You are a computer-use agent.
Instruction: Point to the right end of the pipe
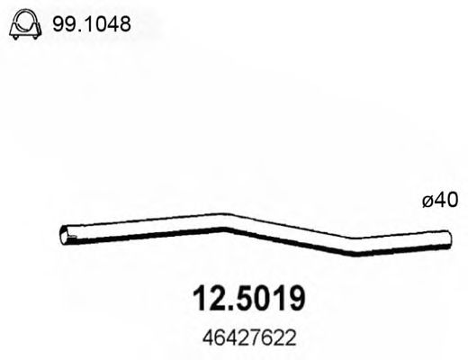[x=446, y=237]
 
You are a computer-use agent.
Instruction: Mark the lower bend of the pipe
[x=358, y=248]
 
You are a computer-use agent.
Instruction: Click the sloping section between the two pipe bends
[x=292, y=236]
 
